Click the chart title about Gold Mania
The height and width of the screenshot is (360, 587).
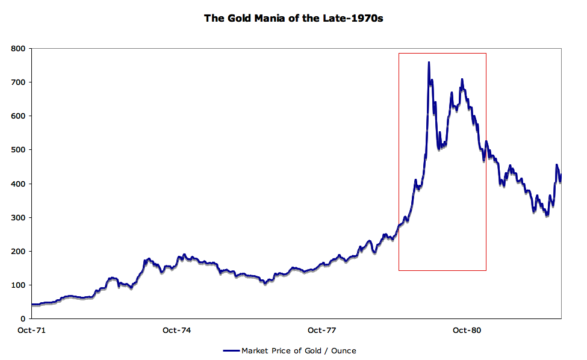pos(293,18)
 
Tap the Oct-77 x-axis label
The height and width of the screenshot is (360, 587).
pos(321,330)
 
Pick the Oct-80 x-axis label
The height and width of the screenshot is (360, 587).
pos(467,330)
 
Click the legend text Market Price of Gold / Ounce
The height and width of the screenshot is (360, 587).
pos(299,350)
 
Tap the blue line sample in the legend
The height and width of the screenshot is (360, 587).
pos(231,350)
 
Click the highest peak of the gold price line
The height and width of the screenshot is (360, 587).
pos(429,62)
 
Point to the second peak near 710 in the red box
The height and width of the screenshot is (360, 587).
pos(462,79)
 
